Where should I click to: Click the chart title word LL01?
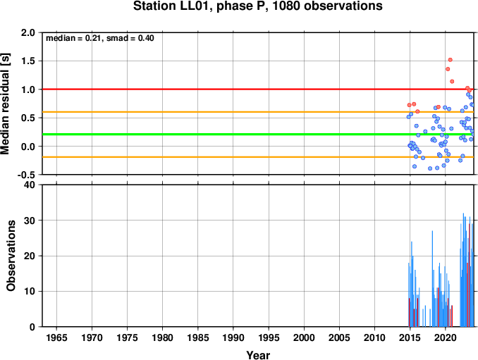pyautogui.click(x=196, y=6)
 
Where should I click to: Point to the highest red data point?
pyautogui.click(x=451, y=60)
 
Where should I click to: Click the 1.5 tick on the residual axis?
pyautogui.click(x=28, y=61)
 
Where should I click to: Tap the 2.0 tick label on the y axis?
pyautogui.click(x=28, y=32)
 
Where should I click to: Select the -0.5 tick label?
pyautogui.click(x=26, y=175)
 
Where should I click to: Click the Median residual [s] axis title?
pyautogui.click(x=6, y=104)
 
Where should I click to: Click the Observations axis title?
pyautogui.click(x=11, y=256)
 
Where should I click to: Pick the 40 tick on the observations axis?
pyautogui.click(x=30, y=185)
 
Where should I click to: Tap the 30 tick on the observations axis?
pyautogui.click(x=30, y=221)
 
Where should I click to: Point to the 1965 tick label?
pyautogui.click(x=56, y=337)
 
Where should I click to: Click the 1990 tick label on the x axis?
pyautogui.click(x=233, y=337)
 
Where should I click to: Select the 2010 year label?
pyautogui.click(x=374, y=337)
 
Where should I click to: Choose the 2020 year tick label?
pyautogui.click(x=446, y=337)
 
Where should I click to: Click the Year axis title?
pyautogui.click(x=258, y=355)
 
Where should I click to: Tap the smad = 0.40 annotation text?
pyautogui.click(x=130, y=38)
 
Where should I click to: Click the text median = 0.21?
pyautogui.click(x=73, y=38)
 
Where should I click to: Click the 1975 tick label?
pyautogui.click(x=127, y=337)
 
